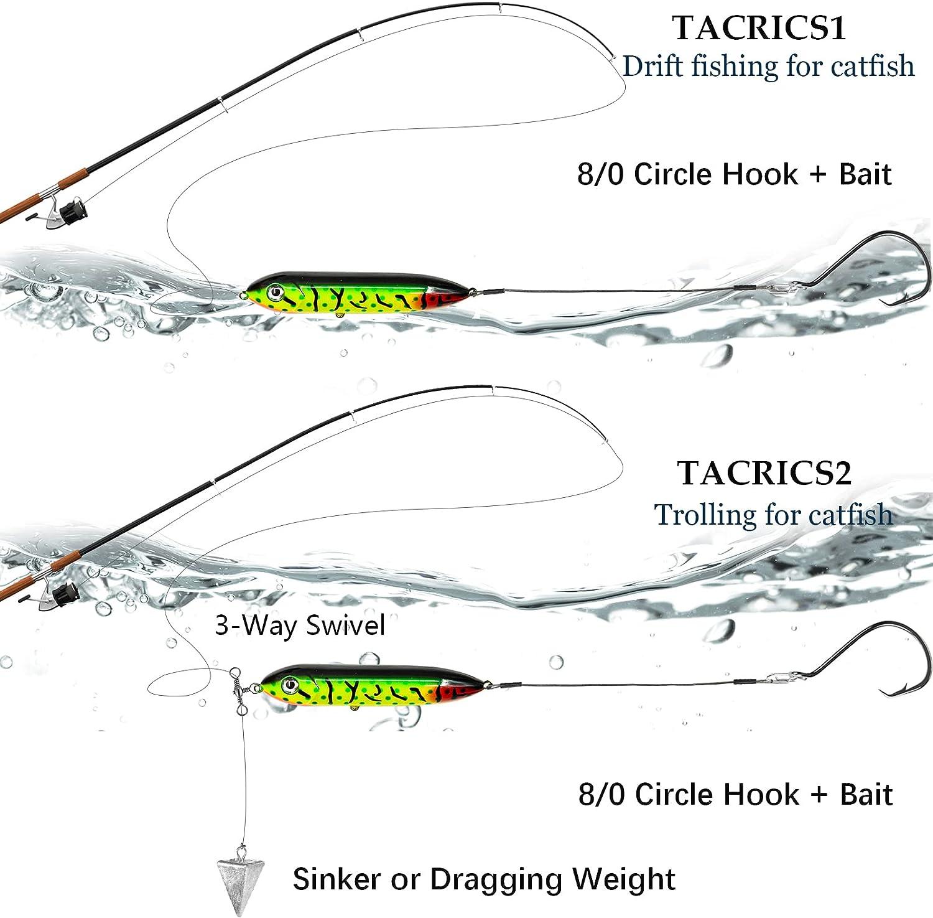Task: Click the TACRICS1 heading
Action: coord(759,28)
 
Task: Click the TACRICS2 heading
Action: coord(764,473)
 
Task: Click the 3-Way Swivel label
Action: coord(300,625)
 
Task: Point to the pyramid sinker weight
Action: coord(239,874)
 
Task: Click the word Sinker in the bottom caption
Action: coord(337,879)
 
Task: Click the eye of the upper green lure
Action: coord(273,291)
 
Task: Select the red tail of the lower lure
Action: coord(457,690)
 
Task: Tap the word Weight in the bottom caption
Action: coord(623,879)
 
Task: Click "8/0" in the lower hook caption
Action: coord(601,795)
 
